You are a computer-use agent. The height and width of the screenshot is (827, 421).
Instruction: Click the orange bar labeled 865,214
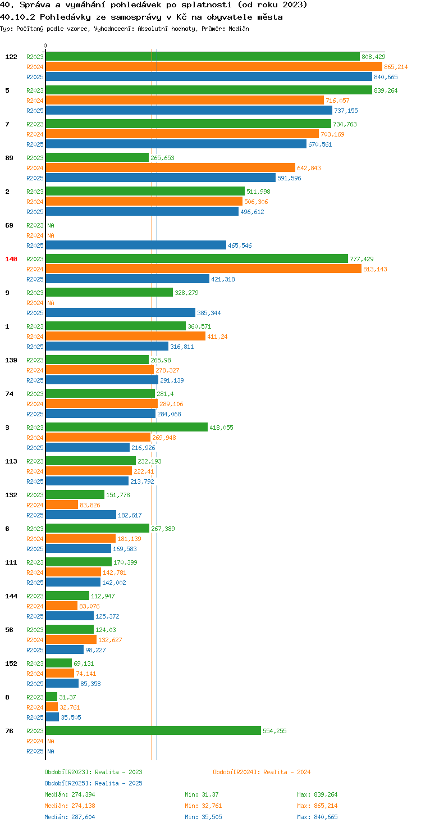point(214,66)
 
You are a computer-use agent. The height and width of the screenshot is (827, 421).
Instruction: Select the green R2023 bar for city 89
point(97,158)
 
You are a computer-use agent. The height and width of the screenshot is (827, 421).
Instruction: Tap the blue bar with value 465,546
point(136,245)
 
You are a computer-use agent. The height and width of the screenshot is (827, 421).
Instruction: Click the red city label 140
point(11,259)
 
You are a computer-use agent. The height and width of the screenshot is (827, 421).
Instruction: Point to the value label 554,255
point(274,730)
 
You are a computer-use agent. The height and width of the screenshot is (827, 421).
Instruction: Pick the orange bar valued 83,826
point(62,505)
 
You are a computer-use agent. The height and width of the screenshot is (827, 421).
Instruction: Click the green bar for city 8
point(51,697)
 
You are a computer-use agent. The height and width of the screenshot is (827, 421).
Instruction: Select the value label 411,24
point(217,337)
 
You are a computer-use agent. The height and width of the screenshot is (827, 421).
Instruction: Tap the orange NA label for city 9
point(51,303)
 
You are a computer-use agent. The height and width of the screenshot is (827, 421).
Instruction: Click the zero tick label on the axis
point(45,46)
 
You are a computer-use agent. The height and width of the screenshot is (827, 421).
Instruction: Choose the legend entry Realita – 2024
point(262,772)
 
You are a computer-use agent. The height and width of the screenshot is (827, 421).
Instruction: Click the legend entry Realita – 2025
point(93,783)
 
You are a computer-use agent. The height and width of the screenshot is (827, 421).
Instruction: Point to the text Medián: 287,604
point(70,817)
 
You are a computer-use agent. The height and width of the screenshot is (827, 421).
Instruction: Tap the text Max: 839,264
point(317,794)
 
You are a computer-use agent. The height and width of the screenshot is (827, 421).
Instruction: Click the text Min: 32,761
point(203,806)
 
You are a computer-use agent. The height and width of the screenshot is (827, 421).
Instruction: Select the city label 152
point(11,664)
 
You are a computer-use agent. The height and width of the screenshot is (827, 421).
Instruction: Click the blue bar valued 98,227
point(65,649)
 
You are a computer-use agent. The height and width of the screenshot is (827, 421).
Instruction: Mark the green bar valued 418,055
point(126,427)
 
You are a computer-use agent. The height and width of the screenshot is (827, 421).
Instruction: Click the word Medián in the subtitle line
point(239,29)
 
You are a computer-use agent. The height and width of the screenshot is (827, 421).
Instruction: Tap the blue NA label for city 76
point(51,751)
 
